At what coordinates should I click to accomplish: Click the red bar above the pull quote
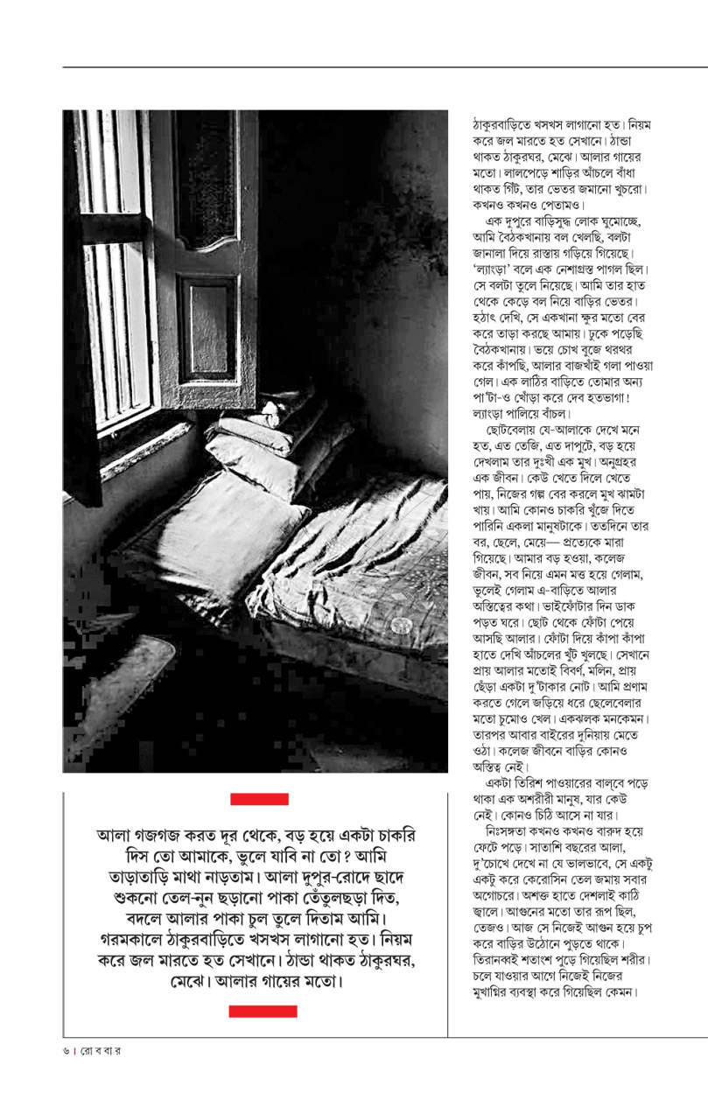click(259, 798)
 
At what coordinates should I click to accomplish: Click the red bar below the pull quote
click(263, 1011)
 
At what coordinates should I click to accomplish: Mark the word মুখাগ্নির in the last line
click(499, 992)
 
